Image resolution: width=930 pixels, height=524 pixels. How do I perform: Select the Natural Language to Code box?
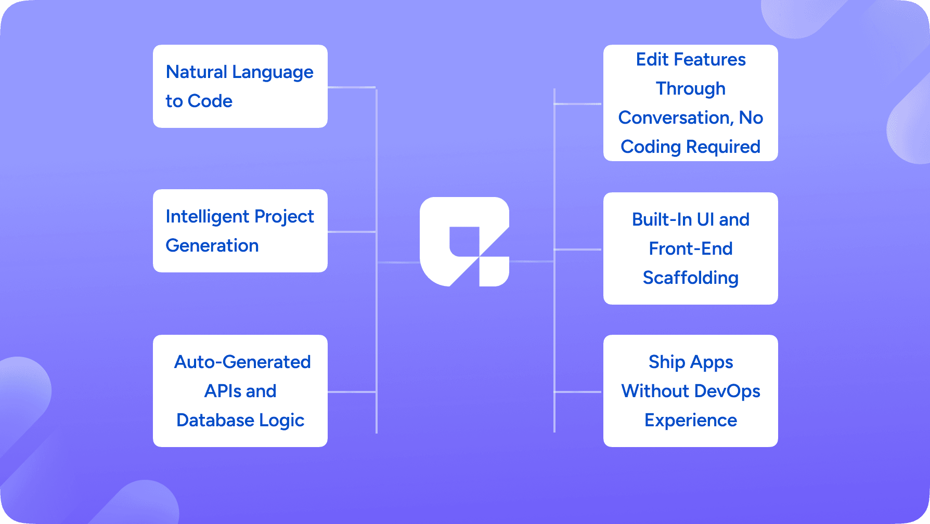240,86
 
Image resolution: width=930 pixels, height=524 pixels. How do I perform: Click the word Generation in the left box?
212,245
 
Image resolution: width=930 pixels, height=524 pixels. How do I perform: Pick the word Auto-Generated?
242,362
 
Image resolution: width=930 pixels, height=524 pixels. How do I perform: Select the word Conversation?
676,117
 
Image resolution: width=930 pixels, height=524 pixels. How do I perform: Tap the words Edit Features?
690,59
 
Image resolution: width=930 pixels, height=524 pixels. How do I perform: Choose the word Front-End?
690,248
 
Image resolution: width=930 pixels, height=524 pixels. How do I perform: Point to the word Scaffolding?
690,278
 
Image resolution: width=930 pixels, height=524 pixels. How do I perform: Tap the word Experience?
690,420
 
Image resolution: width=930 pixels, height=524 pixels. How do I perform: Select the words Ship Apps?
690,362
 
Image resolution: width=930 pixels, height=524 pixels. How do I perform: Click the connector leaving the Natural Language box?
351,87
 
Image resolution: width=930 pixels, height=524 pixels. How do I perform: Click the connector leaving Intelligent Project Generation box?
351,231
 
